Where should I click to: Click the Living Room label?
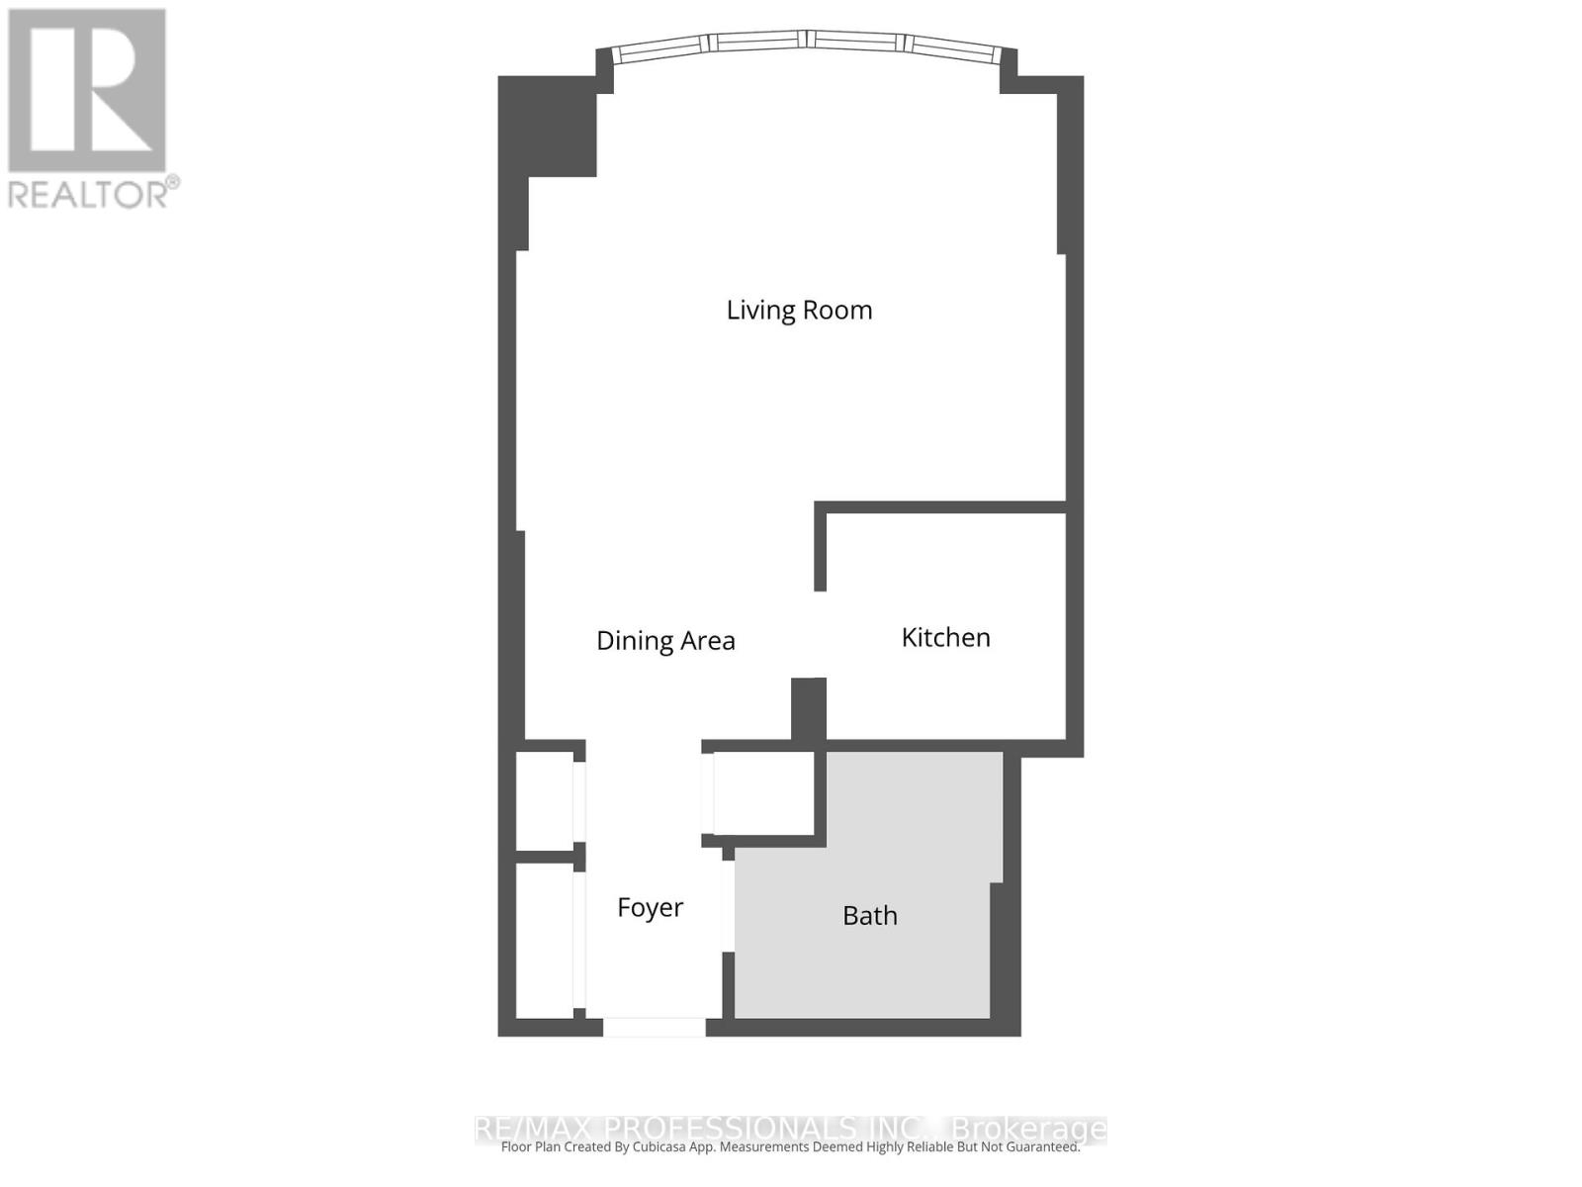tap(799, 310)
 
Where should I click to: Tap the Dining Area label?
tap(665, 641)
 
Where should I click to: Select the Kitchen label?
tap(945, 637)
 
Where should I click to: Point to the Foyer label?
tap(650, 907)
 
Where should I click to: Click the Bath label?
tap(870, 916)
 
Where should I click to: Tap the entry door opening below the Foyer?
tap(655, 1028)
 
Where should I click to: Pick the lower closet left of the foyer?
tap(545, 940)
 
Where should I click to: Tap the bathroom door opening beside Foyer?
tap(729, 906)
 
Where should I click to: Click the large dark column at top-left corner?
tap(548, 127)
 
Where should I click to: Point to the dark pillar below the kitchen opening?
tap(809, 709)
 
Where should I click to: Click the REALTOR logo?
tap(87, 91)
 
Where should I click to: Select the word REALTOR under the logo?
tap(88, 193)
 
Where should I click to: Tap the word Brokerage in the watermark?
tap(1028, 1129)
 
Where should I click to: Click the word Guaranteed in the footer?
tap(1037, 1147)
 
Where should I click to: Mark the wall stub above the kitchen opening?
tap(820, 549)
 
